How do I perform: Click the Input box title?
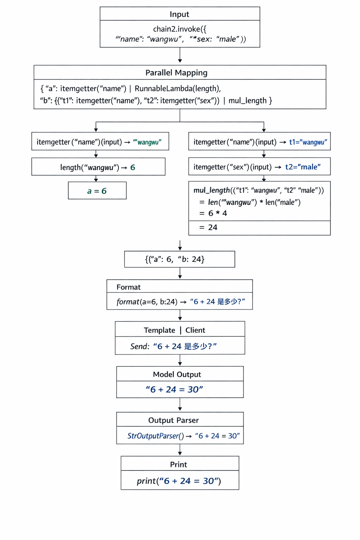coord(179,14)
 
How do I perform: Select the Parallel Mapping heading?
coord(176,73)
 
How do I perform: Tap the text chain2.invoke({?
coord(180,29)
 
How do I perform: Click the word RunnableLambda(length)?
coord(178,89)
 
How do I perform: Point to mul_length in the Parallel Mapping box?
coord(247,101)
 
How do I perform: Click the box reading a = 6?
coord(97,191)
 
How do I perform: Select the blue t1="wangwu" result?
coord(308,142)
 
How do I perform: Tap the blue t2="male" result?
coord(303,167)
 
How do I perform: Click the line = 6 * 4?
coord(213,213)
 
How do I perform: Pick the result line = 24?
coord(208,227)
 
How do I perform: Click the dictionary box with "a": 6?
coord(179,259)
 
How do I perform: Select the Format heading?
coord(128,287)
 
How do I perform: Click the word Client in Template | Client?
coord(195,330)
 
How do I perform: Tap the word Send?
coord(140,347)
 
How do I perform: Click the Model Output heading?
coord(177,374)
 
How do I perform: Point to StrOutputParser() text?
coord(155,436)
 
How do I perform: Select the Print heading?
coord(179,464)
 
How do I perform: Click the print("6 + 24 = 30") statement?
coord(179,481)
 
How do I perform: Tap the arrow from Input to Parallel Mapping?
coord(180,56)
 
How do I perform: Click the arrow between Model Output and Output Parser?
coord(180,404)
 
